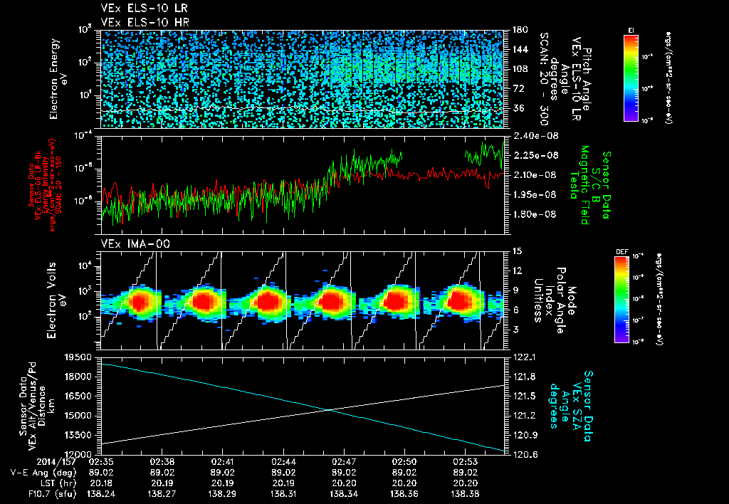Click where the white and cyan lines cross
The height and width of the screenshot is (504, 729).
pyautogui.click(x=328, y=409)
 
